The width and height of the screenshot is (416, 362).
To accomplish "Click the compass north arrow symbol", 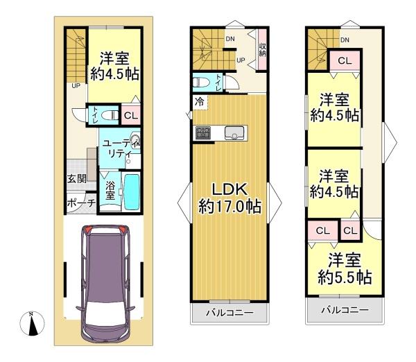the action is point(32,323).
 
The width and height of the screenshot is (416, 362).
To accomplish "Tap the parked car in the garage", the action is point(105,284).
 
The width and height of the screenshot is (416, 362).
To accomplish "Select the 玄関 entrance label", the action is point(77,179).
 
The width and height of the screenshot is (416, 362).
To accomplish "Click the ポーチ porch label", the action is point(81,203).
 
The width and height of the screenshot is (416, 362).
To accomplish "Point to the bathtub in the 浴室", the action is point(132,191).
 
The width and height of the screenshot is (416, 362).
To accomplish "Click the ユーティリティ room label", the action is point(121,148).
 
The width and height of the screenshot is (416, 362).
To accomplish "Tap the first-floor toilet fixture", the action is point(111,115).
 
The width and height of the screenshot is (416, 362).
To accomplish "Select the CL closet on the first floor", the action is point(131,116).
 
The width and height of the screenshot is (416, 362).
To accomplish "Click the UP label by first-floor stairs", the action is point(76,86).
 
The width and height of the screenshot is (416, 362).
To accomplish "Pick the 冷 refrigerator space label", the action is point(200,102).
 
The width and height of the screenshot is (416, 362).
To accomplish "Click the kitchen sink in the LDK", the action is point(234,132).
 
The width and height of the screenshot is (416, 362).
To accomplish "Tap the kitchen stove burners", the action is point(203,133).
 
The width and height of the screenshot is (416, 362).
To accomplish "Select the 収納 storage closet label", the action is point(262,50).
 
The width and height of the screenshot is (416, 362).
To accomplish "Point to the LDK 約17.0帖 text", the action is point(230,198).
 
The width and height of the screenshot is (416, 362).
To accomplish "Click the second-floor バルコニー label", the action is point(229,313).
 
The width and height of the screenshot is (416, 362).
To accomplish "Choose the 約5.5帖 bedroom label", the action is point(345,277).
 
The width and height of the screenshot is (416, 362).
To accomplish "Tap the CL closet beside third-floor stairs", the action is point(345,61).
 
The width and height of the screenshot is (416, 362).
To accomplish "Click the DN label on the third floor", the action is point(345,40).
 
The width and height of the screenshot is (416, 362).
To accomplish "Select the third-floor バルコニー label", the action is point(345,310).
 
